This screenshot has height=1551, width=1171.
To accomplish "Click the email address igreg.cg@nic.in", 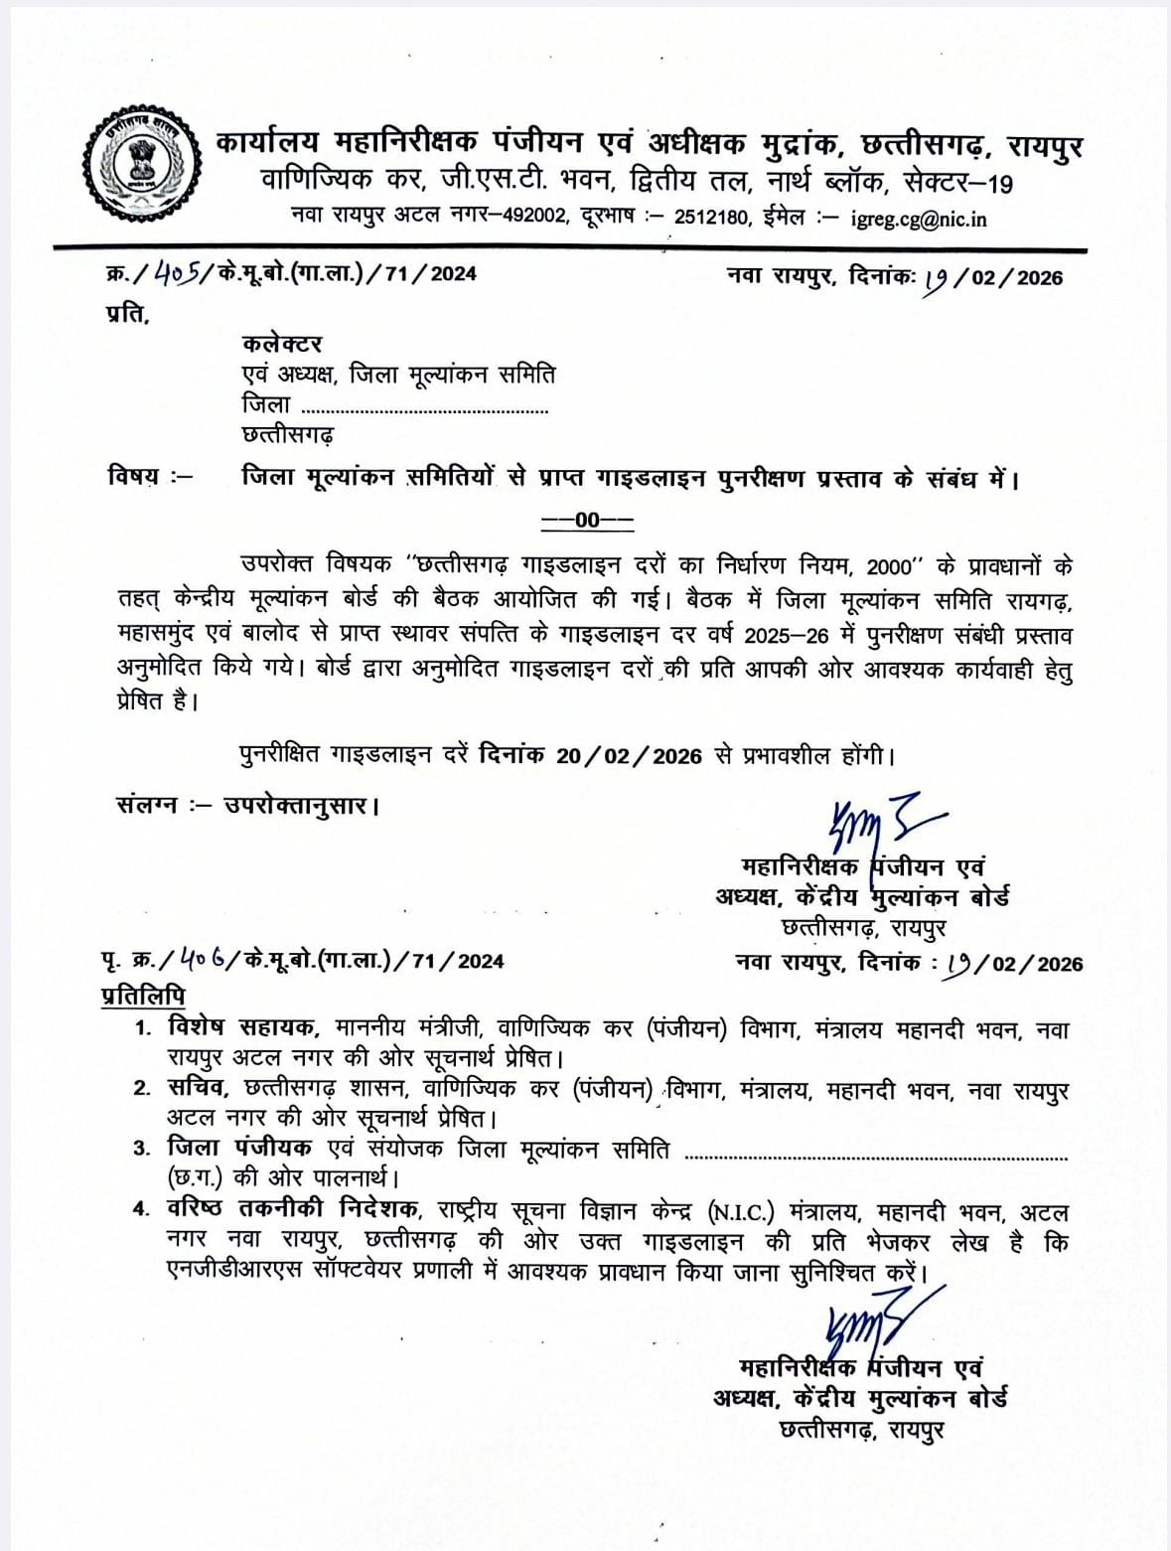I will (x=918, y=219).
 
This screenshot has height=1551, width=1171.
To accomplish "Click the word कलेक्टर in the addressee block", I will (x=282, y=344).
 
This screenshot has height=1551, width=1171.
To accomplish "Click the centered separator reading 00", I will (x=587, y=520).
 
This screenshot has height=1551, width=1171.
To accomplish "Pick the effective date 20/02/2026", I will (x=629, y=756).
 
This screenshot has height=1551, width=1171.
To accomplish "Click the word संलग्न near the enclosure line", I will (x=146, y=804).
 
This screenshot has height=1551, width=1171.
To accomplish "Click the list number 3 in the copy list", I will (x=142, y=1150).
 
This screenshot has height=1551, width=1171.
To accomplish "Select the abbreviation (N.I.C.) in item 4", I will (x=744, y=1213).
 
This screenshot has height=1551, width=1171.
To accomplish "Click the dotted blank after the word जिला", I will (x=424, y=407).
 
